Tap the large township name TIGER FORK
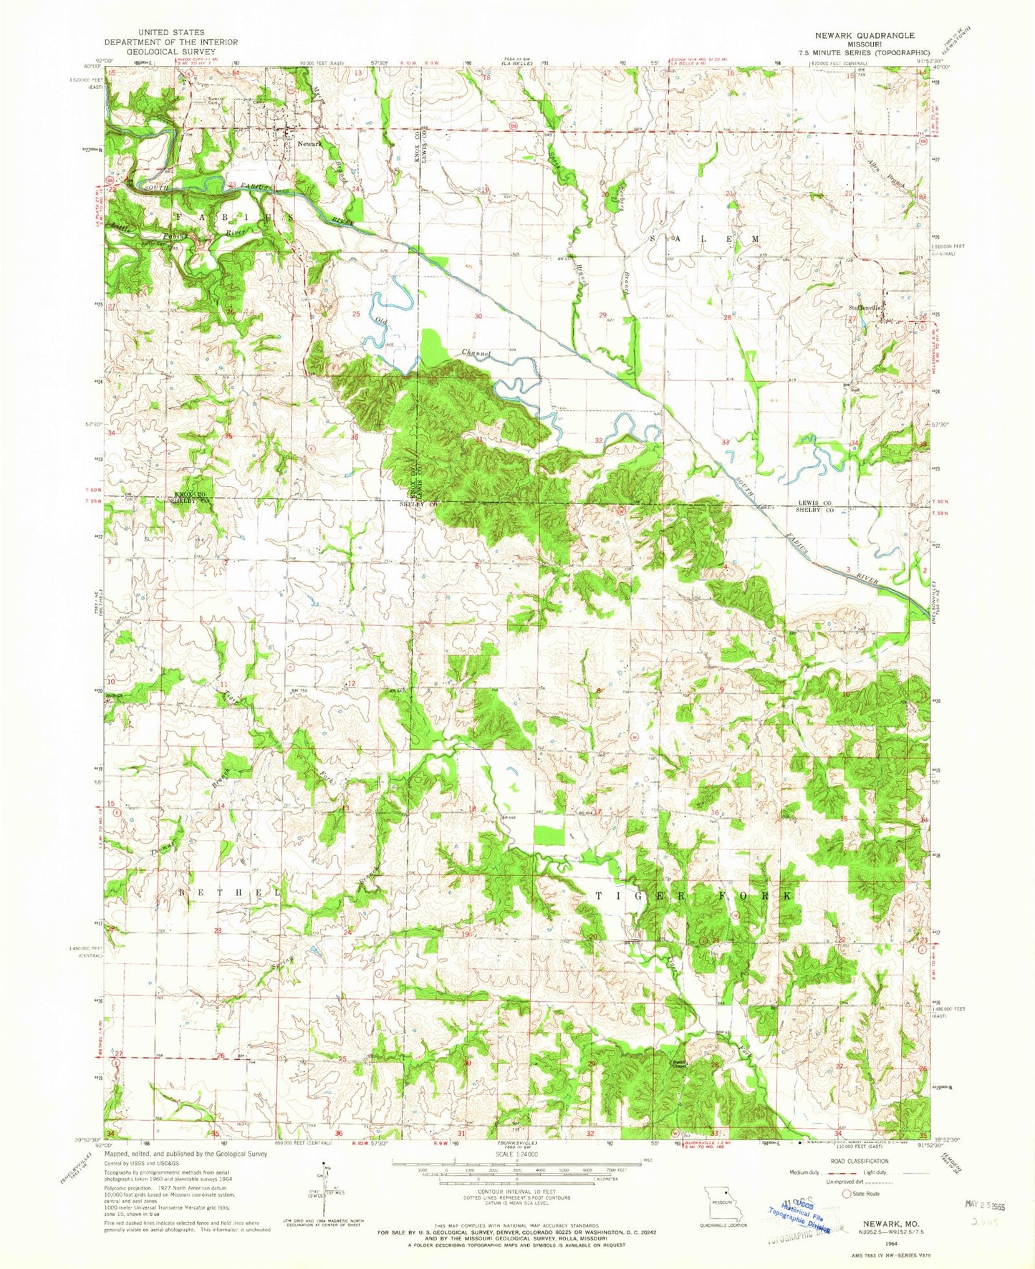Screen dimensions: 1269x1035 point(694,896)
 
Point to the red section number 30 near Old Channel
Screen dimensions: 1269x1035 point(477,316)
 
